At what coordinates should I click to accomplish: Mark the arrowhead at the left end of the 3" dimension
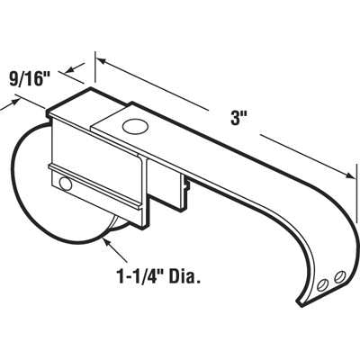pyautogui.click(x=98, y=62)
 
